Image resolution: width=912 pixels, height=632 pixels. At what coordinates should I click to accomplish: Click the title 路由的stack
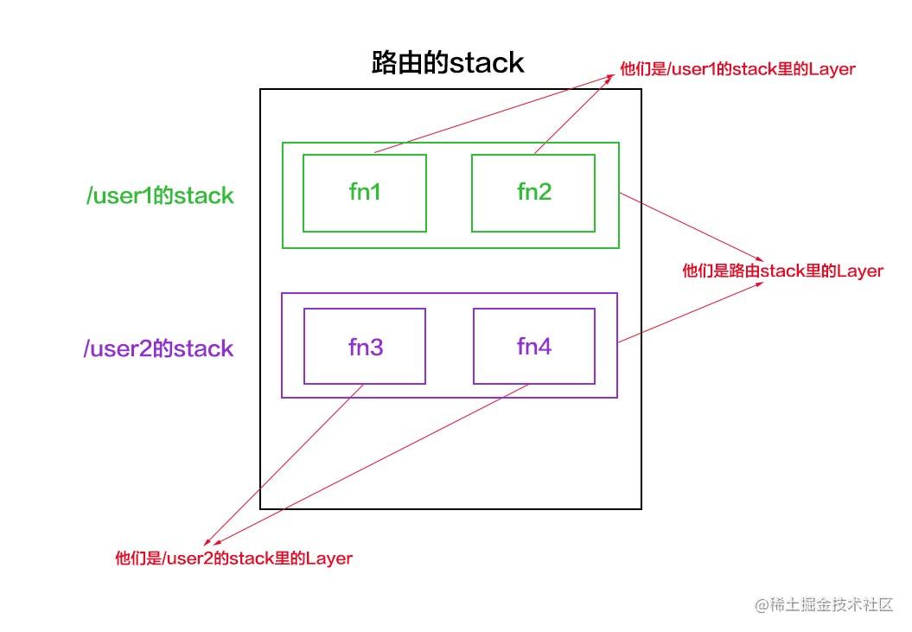pos(448,62)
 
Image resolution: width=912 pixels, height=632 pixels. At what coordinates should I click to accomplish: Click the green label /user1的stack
pos(160,195)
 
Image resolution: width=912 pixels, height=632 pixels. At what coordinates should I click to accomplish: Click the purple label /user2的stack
pos(158,348)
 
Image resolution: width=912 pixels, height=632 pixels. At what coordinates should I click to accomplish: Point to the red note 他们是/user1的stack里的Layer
pos(737,68)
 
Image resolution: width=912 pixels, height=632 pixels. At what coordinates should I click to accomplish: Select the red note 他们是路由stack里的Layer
pos(782,271)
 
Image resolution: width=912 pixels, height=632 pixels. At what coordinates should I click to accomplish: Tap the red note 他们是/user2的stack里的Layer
pos(233,559)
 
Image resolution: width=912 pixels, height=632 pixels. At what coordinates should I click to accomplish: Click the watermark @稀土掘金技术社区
pos(824,604)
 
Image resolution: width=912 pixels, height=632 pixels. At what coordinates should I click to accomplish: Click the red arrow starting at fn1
pos(494,113)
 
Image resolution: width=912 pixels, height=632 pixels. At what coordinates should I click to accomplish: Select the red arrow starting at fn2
pos(574,114)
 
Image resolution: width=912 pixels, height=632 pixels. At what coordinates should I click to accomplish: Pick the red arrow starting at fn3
pos(284,464)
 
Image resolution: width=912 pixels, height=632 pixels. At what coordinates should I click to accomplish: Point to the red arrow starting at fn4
pos(371,464)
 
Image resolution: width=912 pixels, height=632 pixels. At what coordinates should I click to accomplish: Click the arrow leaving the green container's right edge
pos(691,227)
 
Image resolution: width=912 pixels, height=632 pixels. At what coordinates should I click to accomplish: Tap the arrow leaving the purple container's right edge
pos(690,312)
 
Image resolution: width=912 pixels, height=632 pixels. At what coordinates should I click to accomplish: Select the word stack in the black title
pos(487,63)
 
